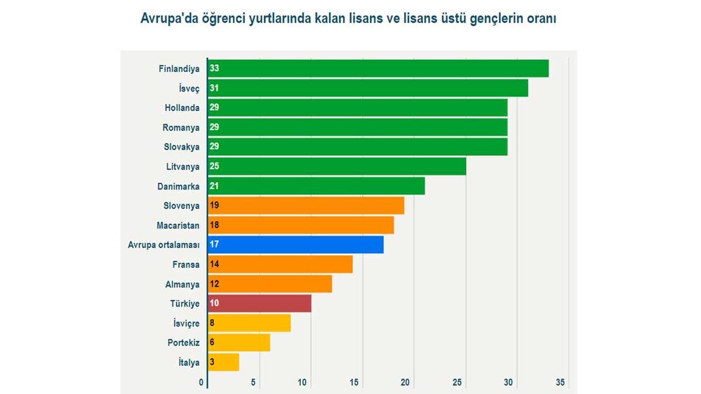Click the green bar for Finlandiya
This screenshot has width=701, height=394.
(x=379, y=68)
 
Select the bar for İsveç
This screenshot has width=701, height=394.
(x=368, y=88)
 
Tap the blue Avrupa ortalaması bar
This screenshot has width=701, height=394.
(x=296, y=245)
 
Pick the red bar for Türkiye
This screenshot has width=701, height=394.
(x=260, y=304)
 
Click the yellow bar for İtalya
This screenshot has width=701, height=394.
(x=224, y=362)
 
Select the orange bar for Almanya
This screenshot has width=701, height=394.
(x=270, y=284)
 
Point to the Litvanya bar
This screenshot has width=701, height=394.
(x=337, y=166)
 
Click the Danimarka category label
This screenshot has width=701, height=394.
(x=179, y=186)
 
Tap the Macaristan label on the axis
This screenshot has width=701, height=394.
(x=178, y=225)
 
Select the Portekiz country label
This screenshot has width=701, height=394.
(x=183, y=343)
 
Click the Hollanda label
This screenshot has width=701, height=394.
(x=182, y=108)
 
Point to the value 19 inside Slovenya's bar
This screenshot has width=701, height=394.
(x=214, y=205)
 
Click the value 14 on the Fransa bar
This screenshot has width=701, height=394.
(x=214, y=264)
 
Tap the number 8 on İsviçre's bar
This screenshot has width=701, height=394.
(x=213, y=323)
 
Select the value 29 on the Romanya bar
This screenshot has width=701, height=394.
(x=214, y=127)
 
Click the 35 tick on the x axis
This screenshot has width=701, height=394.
(x=560, y=383)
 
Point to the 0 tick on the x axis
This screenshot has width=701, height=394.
(x=202, y=383)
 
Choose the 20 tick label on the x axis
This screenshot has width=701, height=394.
(x=405, y=383)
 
